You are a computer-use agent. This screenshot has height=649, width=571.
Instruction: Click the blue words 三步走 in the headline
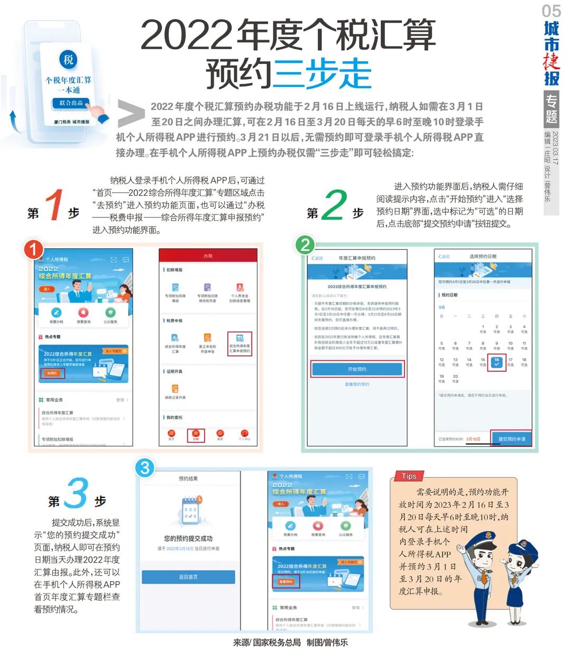click(323, 74)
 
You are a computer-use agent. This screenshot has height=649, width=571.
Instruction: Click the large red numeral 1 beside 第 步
click(54, 205)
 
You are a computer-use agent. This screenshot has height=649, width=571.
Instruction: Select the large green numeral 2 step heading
click(334, 205)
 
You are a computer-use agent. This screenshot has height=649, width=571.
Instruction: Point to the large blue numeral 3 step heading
click(77, 493)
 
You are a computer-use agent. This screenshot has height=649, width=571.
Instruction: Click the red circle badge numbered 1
click(33, 249)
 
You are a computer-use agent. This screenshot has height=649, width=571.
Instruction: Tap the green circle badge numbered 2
click(305, 245)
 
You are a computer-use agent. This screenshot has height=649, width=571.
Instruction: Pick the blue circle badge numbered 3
click(145, 467)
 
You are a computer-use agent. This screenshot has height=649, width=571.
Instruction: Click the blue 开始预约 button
click(357, 369)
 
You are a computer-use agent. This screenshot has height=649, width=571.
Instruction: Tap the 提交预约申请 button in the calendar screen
click(511, 438)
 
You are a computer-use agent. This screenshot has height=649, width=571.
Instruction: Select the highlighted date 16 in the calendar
click(496, 363)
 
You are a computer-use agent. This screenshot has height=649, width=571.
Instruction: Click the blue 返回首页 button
click(188, 577)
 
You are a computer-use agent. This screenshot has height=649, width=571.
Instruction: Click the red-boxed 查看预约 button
click(286, 581)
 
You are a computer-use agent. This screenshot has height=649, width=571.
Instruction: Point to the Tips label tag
click(409, 476)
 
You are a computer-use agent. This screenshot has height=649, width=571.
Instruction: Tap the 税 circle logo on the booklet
click(69, 59)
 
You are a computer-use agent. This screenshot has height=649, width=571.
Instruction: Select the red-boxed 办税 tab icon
click(196, 435)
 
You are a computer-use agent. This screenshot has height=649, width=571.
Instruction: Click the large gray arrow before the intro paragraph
click(131, 113)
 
